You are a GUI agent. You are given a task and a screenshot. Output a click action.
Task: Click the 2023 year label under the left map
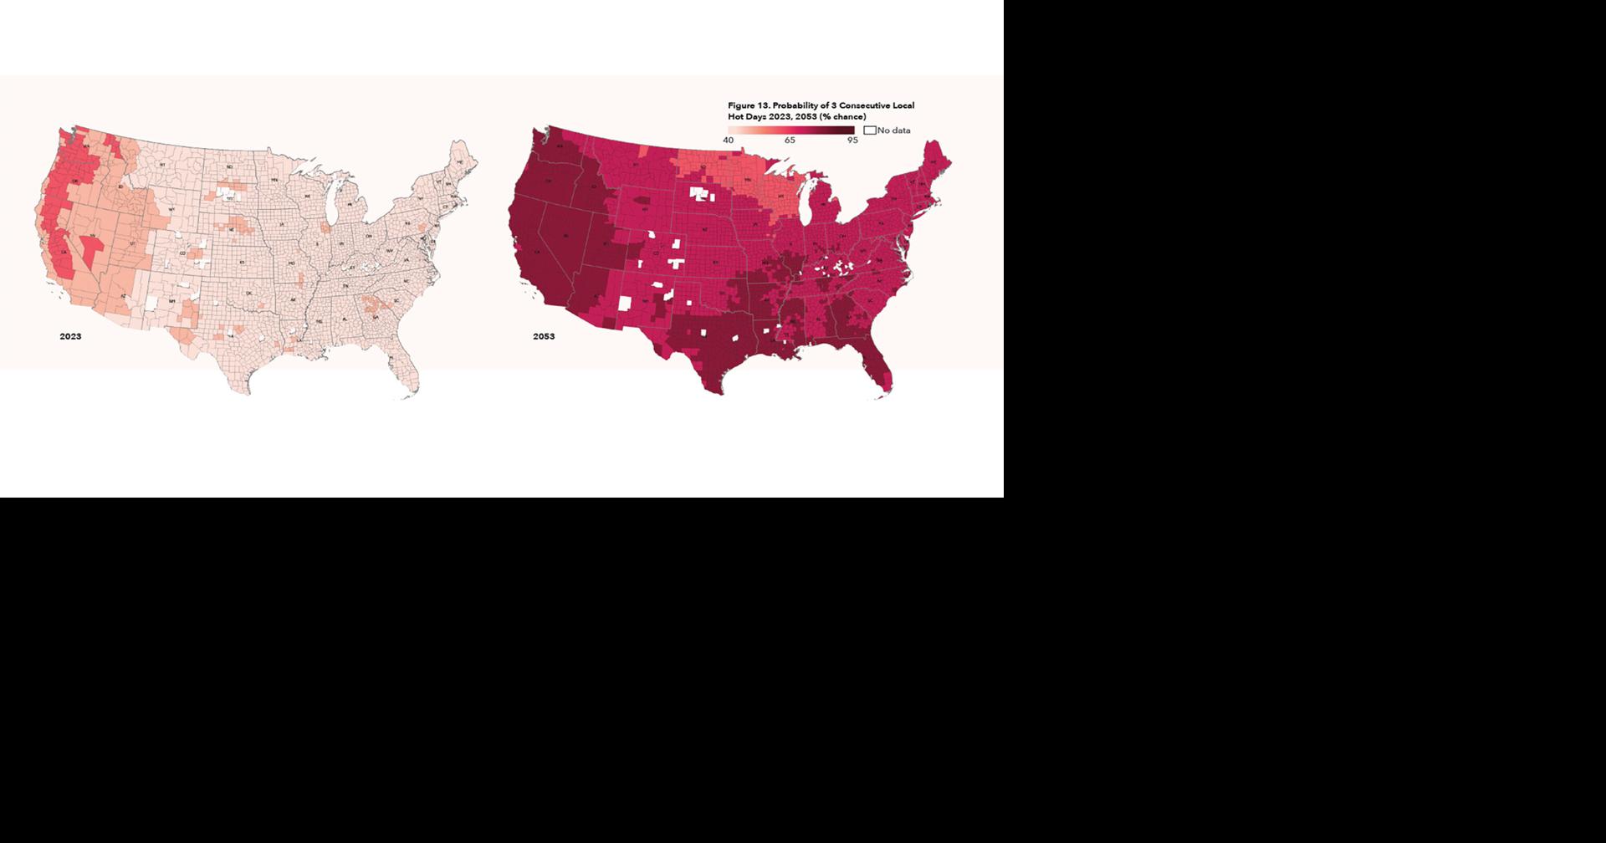tap(70, 336)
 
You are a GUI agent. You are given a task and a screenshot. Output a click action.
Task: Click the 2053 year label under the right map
tap(544, 336)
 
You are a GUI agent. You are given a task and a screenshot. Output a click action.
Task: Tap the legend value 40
tap(728, 140)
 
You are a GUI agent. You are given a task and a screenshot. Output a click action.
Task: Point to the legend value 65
tap(790, 140)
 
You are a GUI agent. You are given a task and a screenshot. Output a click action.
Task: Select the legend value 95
tap(852, 140)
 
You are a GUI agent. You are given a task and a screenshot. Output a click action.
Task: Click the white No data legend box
tap(869, 130)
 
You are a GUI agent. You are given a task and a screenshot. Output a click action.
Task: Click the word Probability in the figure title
tap(798, 105)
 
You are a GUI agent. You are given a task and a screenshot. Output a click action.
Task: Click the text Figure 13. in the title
tap(748, 105)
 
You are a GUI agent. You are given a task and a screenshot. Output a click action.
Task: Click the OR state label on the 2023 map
tap(75, 181)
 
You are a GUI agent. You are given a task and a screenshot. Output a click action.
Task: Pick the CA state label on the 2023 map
tap(63, 253)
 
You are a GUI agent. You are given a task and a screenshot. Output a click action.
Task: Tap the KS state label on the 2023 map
tap(242, 263)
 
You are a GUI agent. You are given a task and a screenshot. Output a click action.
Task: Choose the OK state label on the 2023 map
tap(249, 294)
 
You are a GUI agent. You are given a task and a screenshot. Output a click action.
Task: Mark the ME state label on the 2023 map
tap(460, 164)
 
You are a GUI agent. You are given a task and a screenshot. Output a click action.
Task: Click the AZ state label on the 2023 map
tap(122, 295)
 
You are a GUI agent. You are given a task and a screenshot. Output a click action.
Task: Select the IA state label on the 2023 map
tap(282, 225)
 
